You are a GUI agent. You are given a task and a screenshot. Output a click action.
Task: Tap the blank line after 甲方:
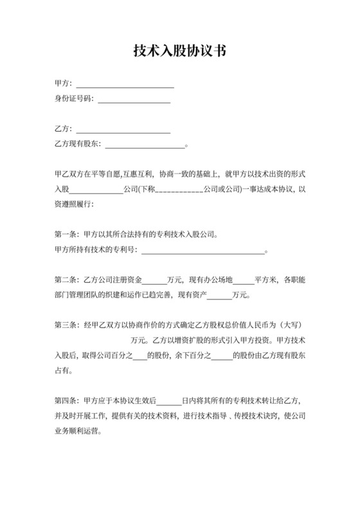125,84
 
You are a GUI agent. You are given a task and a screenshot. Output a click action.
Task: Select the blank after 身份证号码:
133,99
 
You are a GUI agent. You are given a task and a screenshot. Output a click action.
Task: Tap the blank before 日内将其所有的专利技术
169,400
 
